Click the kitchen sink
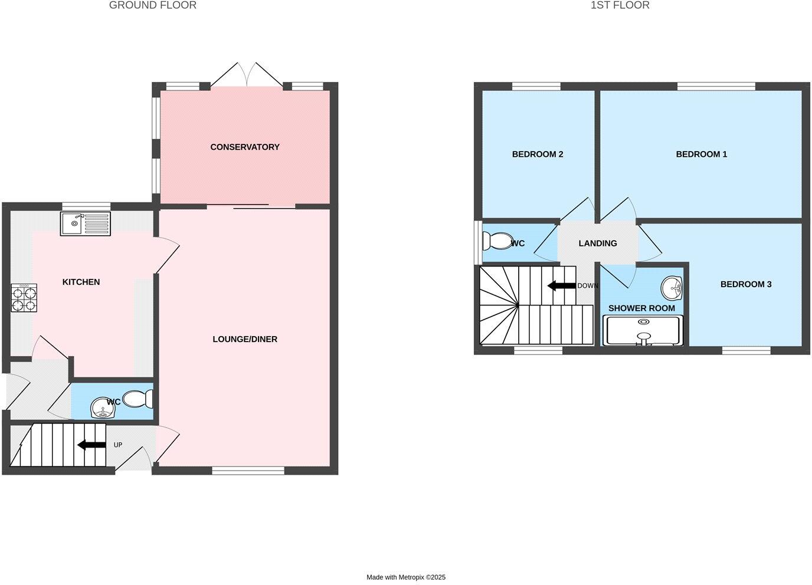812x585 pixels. click(x=85, y=224)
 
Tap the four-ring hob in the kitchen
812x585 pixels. click(x=24, y=298)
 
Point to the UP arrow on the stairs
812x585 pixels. click(x=91, y=445)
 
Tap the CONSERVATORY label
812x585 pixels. click(x=245, y=147)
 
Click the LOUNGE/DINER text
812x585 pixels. click(x=245, y=339)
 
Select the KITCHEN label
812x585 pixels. click(x=81, y=282)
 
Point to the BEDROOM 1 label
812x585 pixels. click(x=701, y=154)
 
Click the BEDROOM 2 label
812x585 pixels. click(x=538, y=154)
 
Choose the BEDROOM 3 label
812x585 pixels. click(x=746, y=284)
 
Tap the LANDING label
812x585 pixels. click(x=598, y=243)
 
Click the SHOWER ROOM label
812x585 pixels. click(x=641, y=308)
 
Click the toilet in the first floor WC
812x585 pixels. click(x=496, y=241)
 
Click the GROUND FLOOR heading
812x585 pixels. click(x=153, y=5)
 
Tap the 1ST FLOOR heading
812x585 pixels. click(x=620, y=5)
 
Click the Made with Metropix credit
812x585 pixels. click(x=406, y=577)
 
